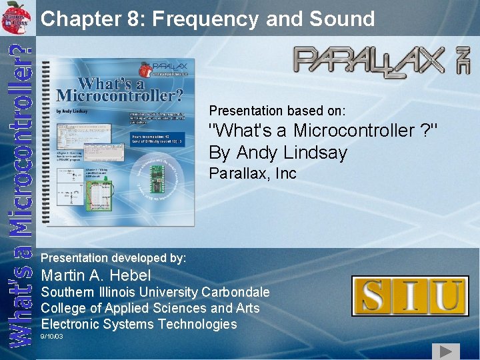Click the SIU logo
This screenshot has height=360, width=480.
(x=410, y=295)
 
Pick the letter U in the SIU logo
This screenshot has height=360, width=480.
(x=447, y=295)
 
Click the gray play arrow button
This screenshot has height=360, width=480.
(x=445, y=351)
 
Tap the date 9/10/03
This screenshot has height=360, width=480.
(x=52, y=337)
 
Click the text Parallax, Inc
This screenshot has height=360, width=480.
(x=253, y=174)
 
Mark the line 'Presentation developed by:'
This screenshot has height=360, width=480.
(x=113, y=257)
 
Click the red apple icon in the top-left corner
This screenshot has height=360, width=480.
(x=17, y=15)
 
